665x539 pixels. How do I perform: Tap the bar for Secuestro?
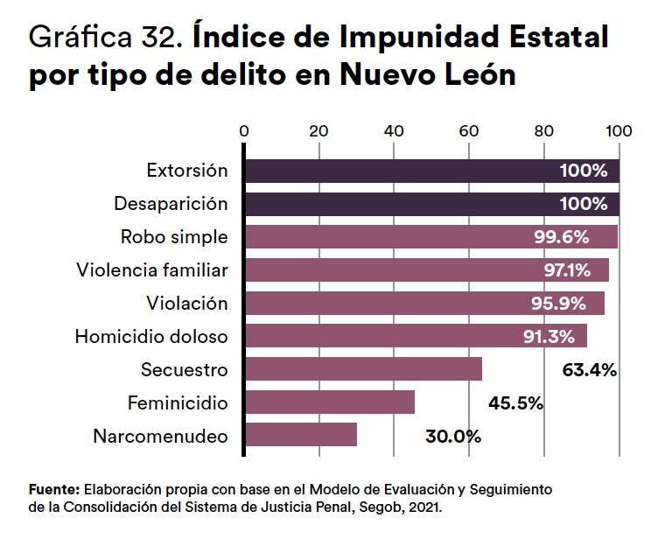pos(363,369)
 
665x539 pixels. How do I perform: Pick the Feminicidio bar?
pos(330,402)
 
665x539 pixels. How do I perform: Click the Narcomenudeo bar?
pos(301,435)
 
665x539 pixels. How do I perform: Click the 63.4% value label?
pos(589,369)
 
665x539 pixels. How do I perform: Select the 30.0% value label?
pos(453,436)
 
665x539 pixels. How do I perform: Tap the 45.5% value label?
pos(515,402)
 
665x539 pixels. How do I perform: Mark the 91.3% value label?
pos(549,337)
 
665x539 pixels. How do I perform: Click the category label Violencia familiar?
pos(152,269)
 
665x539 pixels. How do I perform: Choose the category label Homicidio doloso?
pos(151,336)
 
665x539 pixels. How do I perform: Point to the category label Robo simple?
pos(174,236)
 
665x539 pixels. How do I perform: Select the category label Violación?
pos(187,303)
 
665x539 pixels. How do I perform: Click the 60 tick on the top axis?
pos(469,131)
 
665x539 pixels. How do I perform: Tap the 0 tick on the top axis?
pos(244,131)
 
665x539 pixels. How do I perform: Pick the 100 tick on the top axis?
pos(619,131)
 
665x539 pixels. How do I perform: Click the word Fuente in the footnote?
pos(54,489)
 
